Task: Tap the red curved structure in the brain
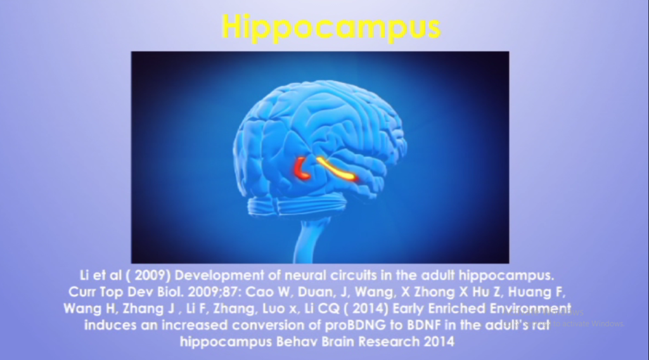point(301,169)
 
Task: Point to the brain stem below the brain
point(311,241)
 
